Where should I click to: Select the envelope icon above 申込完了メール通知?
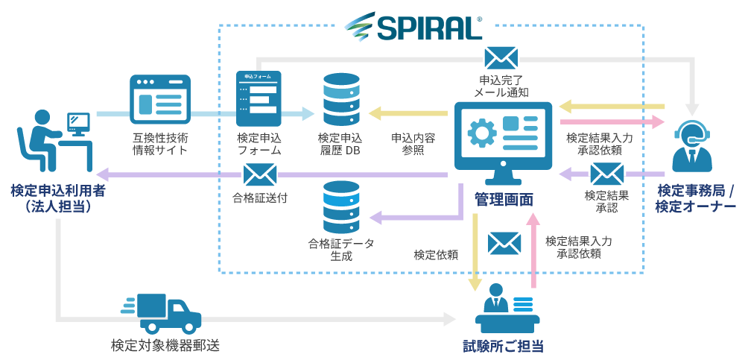(x=501, y=58)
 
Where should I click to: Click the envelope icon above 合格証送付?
(x=259, y=175)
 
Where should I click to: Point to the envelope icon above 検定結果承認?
(x=606, y=174)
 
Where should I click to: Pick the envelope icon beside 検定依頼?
(x=504, y=242)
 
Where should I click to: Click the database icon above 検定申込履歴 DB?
(x=341, y=99)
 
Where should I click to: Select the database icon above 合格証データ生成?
(x=341, y=206)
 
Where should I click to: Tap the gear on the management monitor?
(x=482, y=132)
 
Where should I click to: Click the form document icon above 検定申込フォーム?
(x=259, y=98)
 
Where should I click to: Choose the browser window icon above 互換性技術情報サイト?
(x=160, y=100)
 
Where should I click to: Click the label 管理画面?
(x=504, y=199)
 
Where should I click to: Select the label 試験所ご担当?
(x=503, y=347)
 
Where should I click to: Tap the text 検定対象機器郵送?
(x=165, y=346)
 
